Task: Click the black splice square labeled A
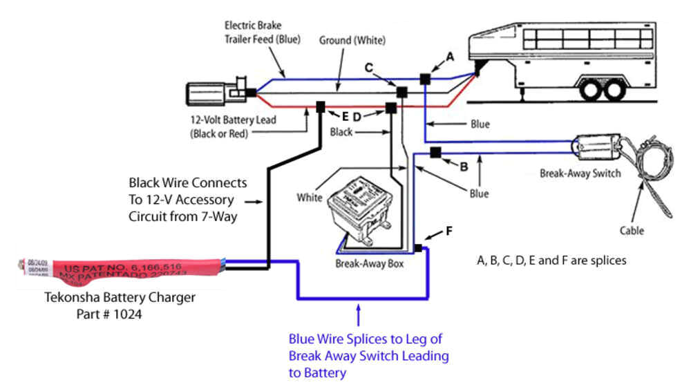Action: coord(425,80)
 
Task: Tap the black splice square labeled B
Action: coord(435,152)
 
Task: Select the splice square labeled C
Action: coord(401,92)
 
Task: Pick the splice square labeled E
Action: coord(321,107)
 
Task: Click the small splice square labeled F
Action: coord(418,247)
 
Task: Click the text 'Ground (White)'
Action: coord(352,41)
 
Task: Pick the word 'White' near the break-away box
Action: coord(310,198)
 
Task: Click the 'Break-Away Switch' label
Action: coord(580,173)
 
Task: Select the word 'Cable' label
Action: coord(631,231)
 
